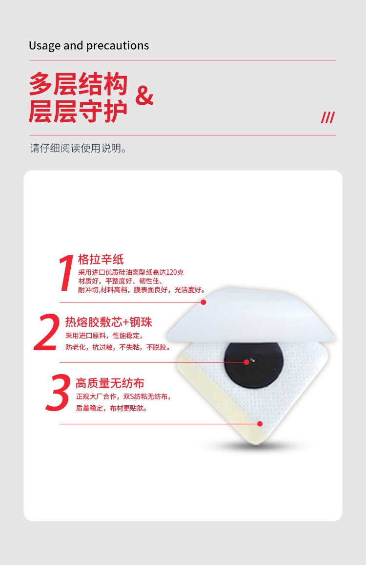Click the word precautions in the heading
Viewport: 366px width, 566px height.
click(x=118, y=46)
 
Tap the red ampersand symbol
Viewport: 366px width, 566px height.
click(x=144, y=95)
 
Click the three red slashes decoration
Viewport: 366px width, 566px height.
click(x=327, y=117)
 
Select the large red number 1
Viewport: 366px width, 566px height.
click(x=66, y=272)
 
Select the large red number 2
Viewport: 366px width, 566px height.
click(x=46, y=332)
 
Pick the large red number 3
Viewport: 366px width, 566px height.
click(x=58, y=393)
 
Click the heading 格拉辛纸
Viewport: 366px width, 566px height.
click(x=101, y=259)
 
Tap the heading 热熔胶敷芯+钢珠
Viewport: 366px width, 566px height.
click(x=108, y=322)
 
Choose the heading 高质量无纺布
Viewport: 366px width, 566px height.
click(x=110, y=383)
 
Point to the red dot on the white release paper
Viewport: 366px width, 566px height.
click(x=203, y=302)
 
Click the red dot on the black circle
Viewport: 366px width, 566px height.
click(x=246, y=362)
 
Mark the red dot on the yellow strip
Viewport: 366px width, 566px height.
click(x=260, y=424)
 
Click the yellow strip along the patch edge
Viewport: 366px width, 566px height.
click(x=219, y=397)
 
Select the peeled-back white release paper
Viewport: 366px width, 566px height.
click(x=251, y=315)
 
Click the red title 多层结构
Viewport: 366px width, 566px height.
click(x=78, y=84)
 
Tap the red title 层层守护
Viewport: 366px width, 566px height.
click(x=78, y=111)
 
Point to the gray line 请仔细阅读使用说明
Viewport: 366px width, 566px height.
click(x=78, y=148)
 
